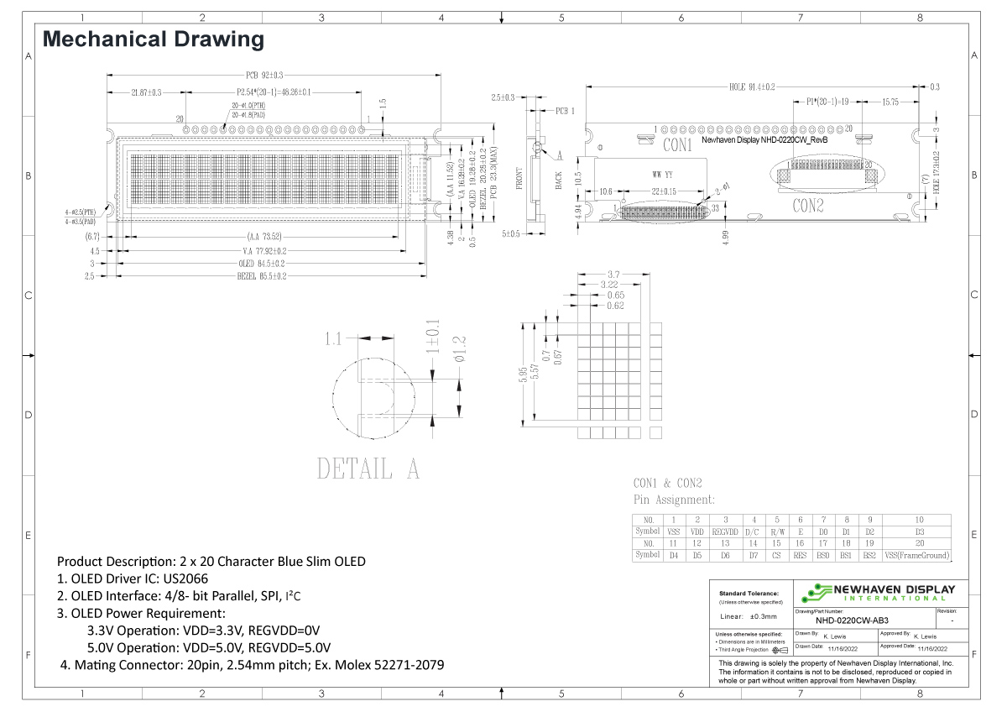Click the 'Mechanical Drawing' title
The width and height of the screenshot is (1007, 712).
[x=153, y=39]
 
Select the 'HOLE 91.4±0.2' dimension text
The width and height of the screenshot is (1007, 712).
[x=752, y=86]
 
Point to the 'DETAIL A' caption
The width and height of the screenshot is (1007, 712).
[x=368, y=469]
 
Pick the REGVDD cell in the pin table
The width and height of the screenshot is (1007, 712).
[x=725, y=531]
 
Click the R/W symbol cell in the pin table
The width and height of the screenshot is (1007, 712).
[x=777, y=531]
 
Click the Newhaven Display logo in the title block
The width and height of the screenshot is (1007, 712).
[x=878, y=592]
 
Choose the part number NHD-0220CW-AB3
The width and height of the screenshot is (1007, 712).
[x=853, y=620]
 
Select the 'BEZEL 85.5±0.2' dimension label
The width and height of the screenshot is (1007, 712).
[x=262, y=275]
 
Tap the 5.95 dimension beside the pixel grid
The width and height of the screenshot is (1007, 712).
[x=524, y=373]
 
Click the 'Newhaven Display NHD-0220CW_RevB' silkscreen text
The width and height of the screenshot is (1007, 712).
[x=764, y=141]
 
